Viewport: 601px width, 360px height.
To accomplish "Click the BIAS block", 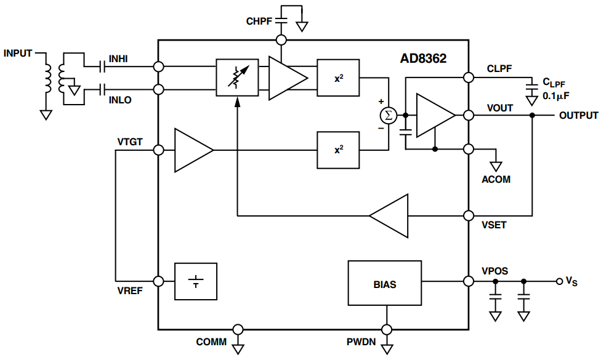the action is (x=385, y=283).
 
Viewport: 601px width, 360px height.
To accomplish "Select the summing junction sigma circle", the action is (x=389, y=115).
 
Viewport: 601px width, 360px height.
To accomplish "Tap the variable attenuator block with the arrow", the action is (x=237, y=78).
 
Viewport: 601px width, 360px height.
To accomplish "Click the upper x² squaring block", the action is (x=338, y=78).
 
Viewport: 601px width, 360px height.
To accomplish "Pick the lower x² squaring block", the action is (x=338, y=150).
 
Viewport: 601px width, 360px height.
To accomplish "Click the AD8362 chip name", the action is (x=423, y=58).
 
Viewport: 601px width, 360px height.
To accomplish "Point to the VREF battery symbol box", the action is (x=196, y=281).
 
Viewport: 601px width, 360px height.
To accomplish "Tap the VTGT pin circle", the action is (x=158, y=150).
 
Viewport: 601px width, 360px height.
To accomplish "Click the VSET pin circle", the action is (x=469, y=215).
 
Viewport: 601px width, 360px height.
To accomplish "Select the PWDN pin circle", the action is (x=387, y=329).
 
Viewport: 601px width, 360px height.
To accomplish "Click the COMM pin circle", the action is (x=238, y=329).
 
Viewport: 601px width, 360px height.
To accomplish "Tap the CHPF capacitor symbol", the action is (x=281, y=21).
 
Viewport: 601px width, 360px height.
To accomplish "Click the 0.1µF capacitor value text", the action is (x=556, y=96).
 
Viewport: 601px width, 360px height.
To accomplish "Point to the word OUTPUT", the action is (x=578, y=115).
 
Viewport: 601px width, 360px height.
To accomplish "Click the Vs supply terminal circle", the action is (x=559, y=281).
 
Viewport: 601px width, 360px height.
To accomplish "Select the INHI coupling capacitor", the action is (x=102, y=66).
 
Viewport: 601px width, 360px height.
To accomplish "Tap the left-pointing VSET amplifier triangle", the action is (x=389, y=215).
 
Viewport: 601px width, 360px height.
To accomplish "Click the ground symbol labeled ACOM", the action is (x=496, y=166).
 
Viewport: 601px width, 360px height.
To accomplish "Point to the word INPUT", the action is (x=18, y=54).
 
